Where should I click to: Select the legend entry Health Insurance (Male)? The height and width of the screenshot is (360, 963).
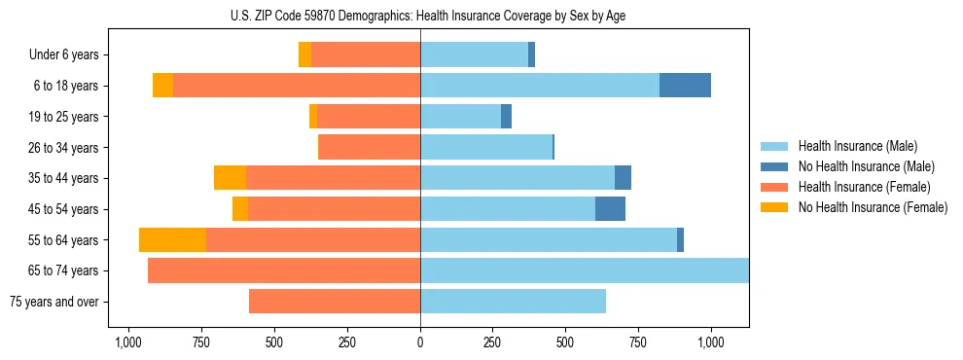[x=856, y=146]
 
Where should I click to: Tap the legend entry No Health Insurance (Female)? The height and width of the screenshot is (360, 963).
[x=873, y=207]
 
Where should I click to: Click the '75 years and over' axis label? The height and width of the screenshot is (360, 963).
[x=54, y=302]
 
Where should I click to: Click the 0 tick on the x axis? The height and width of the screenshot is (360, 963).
[x=420, y=342]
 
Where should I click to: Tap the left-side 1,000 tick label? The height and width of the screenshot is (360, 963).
[x=129, y=342]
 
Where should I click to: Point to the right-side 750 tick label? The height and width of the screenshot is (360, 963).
[x=638, y=342]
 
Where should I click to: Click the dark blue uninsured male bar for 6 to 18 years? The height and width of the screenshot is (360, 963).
[x=685, y=86]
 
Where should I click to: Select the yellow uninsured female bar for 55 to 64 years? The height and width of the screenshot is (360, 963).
[x=172, y=240]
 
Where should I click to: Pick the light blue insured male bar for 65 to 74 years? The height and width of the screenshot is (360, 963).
[x=584, y=270]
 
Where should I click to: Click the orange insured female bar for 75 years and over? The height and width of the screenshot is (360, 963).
[x=335, y=302]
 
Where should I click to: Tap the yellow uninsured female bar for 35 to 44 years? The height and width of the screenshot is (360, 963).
[x=230, y=178]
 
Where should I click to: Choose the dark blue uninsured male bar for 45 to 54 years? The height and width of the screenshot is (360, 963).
[x=610, y=209]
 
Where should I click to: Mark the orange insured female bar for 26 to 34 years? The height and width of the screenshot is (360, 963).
[x=370, y=148]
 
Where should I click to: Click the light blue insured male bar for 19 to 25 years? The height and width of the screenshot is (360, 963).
[x=460, y=117]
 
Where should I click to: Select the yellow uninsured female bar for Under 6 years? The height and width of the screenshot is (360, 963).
[x=304, y=55]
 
